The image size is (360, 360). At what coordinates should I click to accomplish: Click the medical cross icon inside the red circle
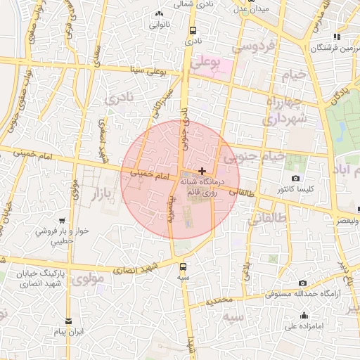202,171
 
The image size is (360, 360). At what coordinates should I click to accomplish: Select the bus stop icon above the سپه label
184,266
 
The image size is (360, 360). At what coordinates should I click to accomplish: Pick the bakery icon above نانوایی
159,13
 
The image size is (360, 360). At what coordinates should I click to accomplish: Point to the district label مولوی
88,279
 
